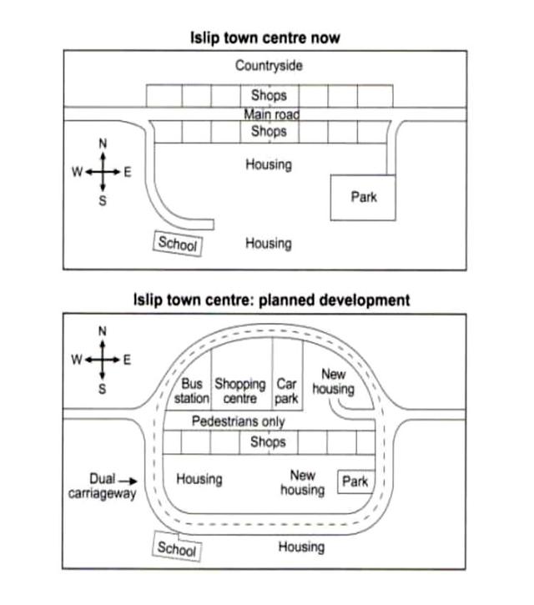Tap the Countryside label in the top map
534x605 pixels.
pos(269,65)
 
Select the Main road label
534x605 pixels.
pos(270,114)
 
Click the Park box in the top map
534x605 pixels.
pos(363,198)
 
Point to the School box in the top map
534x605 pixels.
pos(177,245)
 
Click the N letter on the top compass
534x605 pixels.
pos(103,144)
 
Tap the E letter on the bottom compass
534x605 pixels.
pos(127,360)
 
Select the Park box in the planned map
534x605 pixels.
pos(355,481)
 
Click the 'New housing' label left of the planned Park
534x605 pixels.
pos(302,482)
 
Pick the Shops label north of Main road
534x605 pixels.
pos(268,96)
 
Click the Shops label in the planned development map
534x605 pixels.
pos(268,442)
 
